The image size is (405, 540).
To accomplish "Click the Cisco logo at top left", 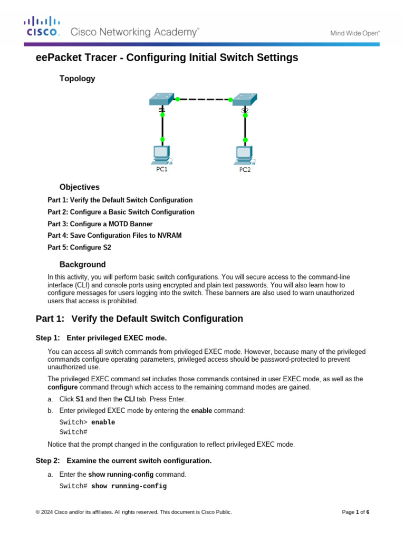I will (42, 27).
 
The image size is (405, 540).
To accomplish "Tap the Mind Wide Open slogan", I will (355, 33).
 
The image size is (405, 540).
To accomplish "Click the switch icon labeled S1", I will (161, 99).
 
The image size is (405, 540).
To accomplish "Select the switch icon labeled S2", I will (245, 99).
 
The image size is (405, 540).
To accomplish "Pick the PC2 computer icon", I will (244, 155).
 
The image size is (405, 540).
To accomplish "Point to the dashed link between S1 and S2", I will (204, 99).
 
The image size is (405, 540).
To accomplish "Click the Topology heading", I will (77, 79).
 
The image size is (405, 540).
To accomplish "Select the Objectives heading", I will (79, 187).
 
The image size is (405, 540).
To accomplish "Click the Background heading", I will (82, 265).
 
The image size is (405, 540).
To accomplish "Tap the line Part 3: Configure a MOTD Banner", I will (100, 224).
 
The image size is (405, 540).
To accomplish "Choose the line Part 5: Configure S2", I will (79, 247).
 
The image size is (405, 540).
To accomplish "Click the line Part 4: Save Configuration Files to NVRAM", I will (114, 236).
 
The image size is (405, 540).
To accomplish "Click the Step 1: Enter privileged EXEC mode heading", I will (101, 337).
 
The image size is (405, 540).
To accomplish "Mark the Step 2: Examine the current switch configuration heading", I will (123, 461).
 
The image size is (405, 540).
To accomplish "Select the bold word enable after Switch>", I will (103, 422).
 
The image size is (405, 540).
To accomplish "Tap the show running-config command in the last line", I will (129, 486).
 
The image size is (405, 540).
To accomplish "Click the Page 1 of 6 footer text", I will (355, 512).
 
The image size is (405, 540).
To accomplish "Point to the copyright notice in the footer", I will (133, 512).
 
